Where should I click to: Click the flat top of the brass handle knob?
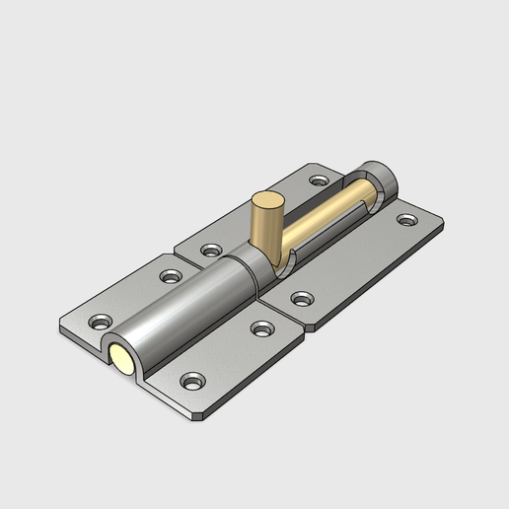point(265,202)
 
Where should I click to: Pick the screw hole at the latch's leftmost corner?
point(101,322)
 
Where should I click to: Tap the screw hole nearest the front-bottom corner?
point(192,379)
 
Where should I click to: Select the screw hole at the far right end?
point(406,219)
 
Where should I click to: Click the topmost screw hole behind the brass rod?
point(318,181)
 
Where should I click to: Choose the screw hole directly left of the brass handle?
point(210,250)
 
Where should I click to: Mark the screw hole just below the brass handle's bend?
point(301,295)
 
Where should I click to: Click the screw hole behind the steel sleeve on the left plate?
point(171,276)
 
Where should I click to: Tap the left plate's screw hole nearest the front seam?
point(260,327)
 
